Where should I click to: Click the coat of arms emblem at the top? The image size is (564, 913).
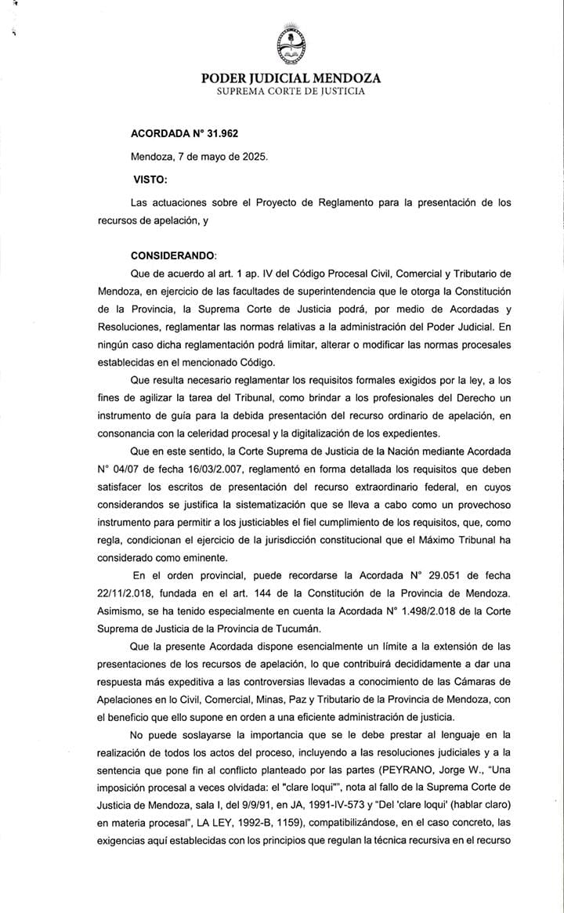point(291,45)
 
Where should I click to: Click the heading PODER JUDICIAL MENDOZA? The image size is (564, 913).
point(291,78)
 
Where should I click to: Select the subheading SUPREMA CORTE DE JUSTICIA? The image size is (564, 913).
point(291,92)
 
